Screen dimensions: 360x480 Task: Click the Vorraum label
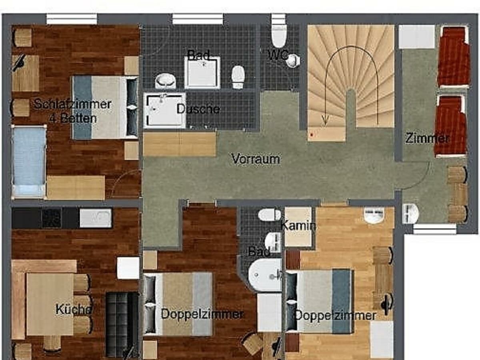pyautogui.click(x=256, y=159)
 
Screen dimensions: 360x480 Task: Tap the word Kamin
pyautogui.click(x=298, y=226)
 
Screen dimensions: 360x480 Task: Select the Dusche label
pyautogui.click(x=198, y=109)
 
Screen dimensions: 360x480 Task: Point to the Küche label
pyautogui.click(x=74, y=309)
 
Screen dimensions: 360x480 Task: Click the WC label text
pyautogui.click(x=279, y=55)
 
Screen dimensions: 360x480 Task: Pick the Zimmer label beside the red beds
pyautogui.click(x=427, y=138)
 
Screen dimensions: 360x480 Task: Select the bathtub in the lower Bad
pyautogui.click(x=265, y=275)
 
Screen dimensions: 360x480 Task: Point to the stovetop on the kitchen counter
pyautogui.click(x=52, y=218)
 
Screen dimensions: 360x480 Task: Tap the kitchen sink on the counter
pyautogui.click(x=96, y=218)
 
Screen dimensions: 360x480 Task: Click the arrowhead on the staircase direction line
pyautogui.click(x=325, y=119)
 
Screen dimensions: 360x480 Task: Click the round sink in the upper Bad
pyautogui.click(x=165, y=81)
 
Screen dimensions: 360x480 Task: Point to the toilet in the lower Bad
pyautogui.click(x=269, y=215)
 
